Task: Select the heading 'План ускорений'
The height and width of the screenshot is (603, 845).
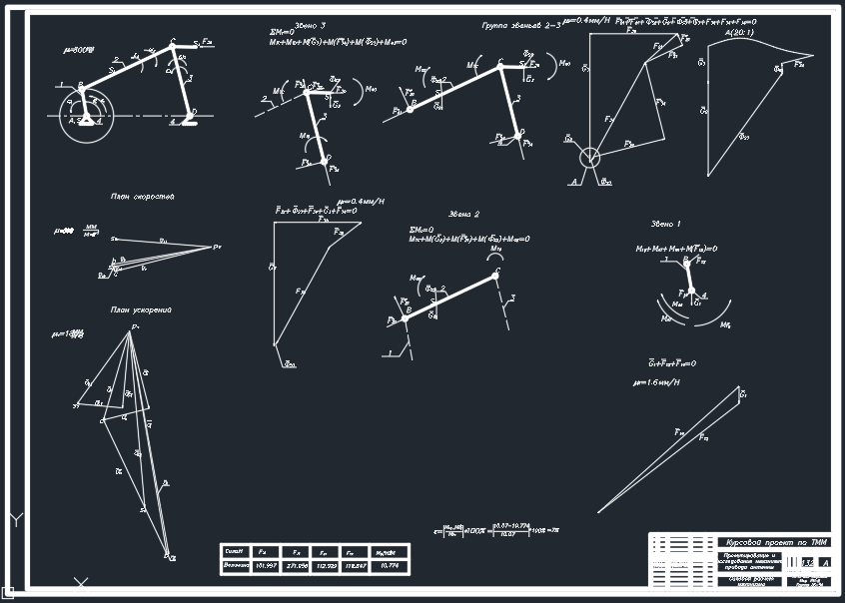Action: point(141,310)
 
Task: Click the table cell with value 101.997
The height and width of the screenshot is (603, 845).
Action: point(266,566)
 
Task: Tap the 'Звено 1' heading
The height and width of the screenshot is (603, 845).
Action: point(665,224)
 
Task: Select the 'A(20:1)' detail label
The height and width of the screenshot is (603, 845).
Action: point(723,33)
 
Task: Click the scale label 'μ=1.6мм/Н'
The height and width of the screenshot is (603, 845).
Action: point(656,382)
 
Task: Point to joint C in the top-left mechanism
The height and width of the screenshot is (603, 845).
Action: point(173,45)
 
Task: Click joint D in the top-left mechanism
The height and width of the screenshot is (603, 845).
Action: point(193,112)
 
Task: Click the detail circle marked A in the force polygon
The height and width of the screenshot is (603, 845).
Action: point(590,157)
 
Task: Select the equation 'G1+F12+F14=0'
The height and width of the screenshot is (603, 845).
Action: point(671,363)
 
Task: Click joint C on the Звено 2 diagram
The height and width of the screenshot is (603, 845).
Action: point(496,274)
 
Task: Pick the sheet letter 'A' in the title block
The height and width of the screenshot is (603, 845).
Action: point(823,564)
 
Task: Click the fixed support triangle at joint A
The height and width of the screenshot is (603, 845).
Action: point(88,120)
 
